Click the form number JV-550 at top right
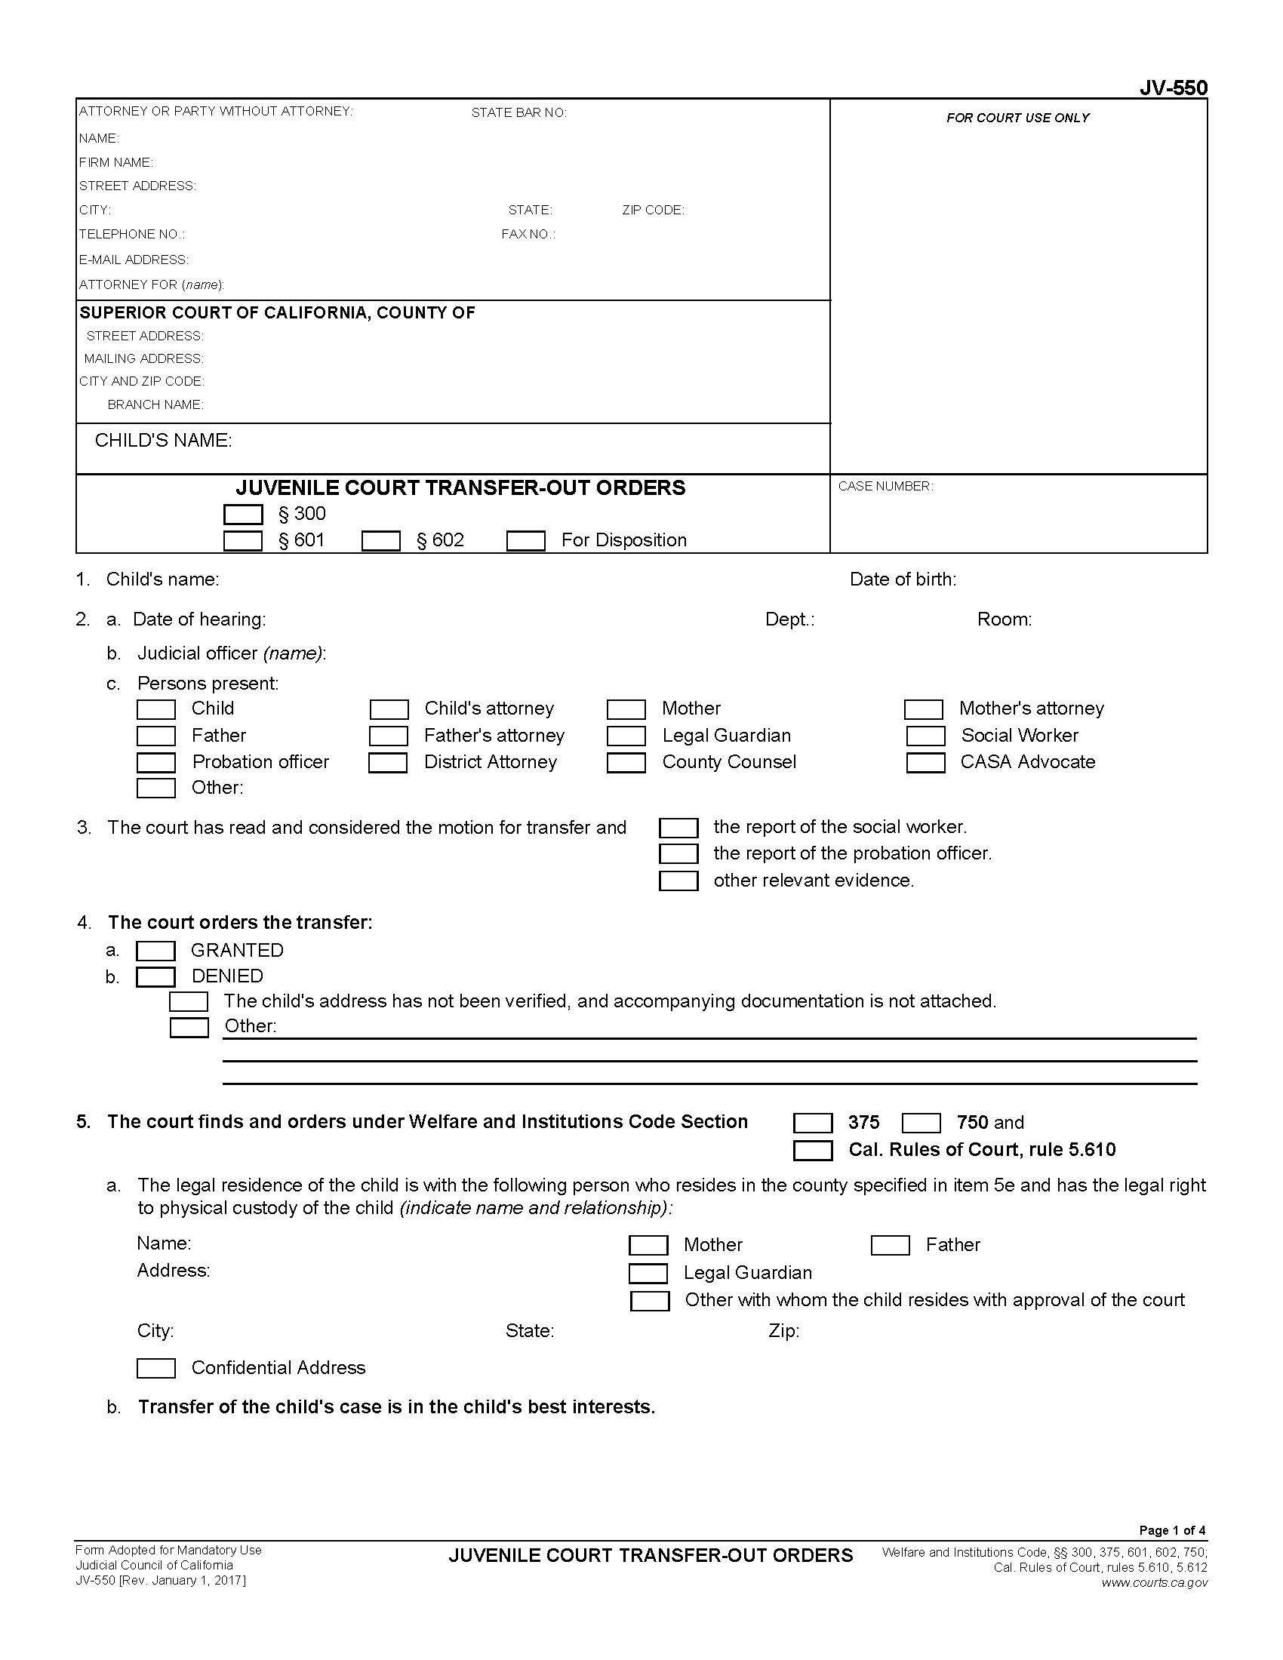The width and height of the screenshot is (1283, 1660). pyautogui.click(x=1173, y=88)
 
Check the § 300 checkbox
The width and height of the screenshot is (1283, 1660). pyautogui.click(x=243, y=515)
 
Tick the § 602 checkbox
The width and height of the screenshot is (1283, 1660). pyautogui.click(x=381, y=541)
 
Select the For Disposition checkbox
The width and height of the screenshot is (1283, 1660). pyautogui.click(x=525, y=541)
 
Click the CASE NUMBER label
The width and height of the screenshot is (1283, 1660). pyautogui.click(x=885, y=487)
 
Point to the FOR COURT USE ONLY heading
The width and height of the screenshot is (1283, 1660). pyautogui.click(x=1017, y=118)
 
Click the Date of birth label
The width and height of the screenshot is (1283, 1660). pyautogui.click(x=902, y=579)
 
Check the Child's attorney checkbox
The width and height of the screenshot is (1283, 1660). pyautogui.click(x=389, y=709)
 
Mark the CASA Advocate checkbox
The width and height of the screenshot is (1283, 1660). pyautogui.click(x=925, y=762)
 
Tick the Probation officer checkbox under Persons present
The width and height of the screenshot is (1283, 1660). pyautogui.click(x=155, y=762)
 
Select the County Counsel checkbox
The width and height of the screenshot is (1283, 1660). pyautogui.click(x=626, y=762)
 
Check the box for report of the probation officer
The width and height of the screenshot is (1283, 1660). pyautogui.click(x=678, y=854)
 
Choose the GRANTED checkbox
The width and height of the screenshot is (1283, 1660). pyautogui.click(x=155, y=951)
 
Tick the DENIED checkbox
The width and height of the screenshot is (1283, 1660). pyautogui.click(x=155, y=976)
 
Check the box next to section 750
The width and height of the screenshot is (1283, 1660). pyautogui.click(x=921, y=1123)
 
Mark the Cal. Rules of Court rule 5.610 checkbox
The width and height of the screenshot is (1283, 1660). pyautogui.click(x=813, y=1150)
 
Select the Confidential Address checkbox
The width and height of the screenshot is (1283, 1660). pyautogui.click(x=155, y=1368)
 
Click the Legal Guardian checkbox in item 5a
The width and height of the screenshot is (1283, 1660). pyautogui.click(x=648, y=1273)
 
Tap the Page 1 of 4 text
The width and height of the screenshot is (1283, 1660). pyautogui.click(x=1171, y=1530)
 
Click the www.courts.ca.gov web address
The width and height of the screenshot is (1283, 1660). pyautogui.click(x=1154, y=1583)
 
